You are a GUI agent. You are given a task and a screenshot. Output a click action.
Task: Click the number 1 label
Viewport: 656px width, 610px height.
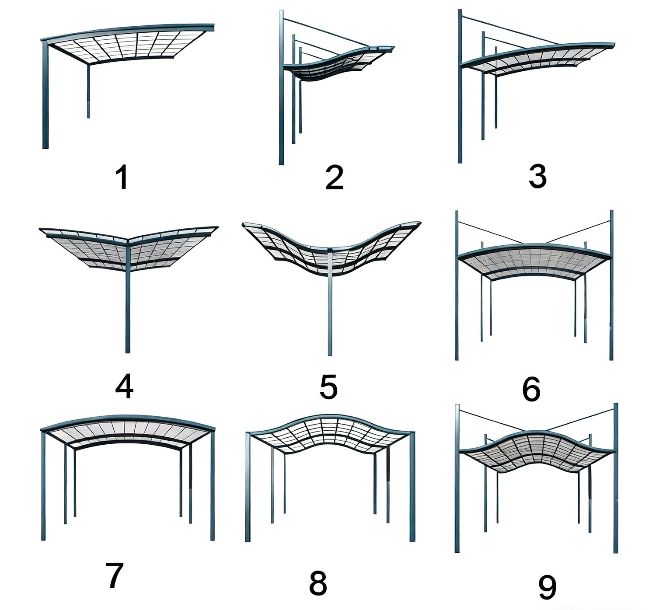pyautogui.click(x=123, y=177)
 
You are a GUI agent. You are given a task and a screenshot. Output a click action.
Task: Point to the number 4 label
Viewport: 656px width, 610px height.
pyautogui.click(x=124, y=386)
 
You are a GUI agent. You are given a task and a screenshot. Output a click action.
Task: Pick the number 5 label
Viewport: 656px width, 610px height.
pyautogui.click(x=328, y=387)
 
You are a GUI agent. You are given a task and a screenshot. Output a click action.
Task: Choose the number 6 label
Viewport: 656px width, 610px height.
pyautogui.click(x=531, y=389)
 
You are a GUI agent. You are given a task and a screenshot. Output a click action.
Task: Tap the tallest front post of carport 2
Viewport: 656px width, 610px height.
pyautogui.click(x=281, y=87)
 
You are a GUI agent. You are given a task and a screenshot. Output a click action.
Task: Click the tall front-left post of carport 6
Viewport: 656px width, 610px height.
pyautogui.click(x=457, y=286)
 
